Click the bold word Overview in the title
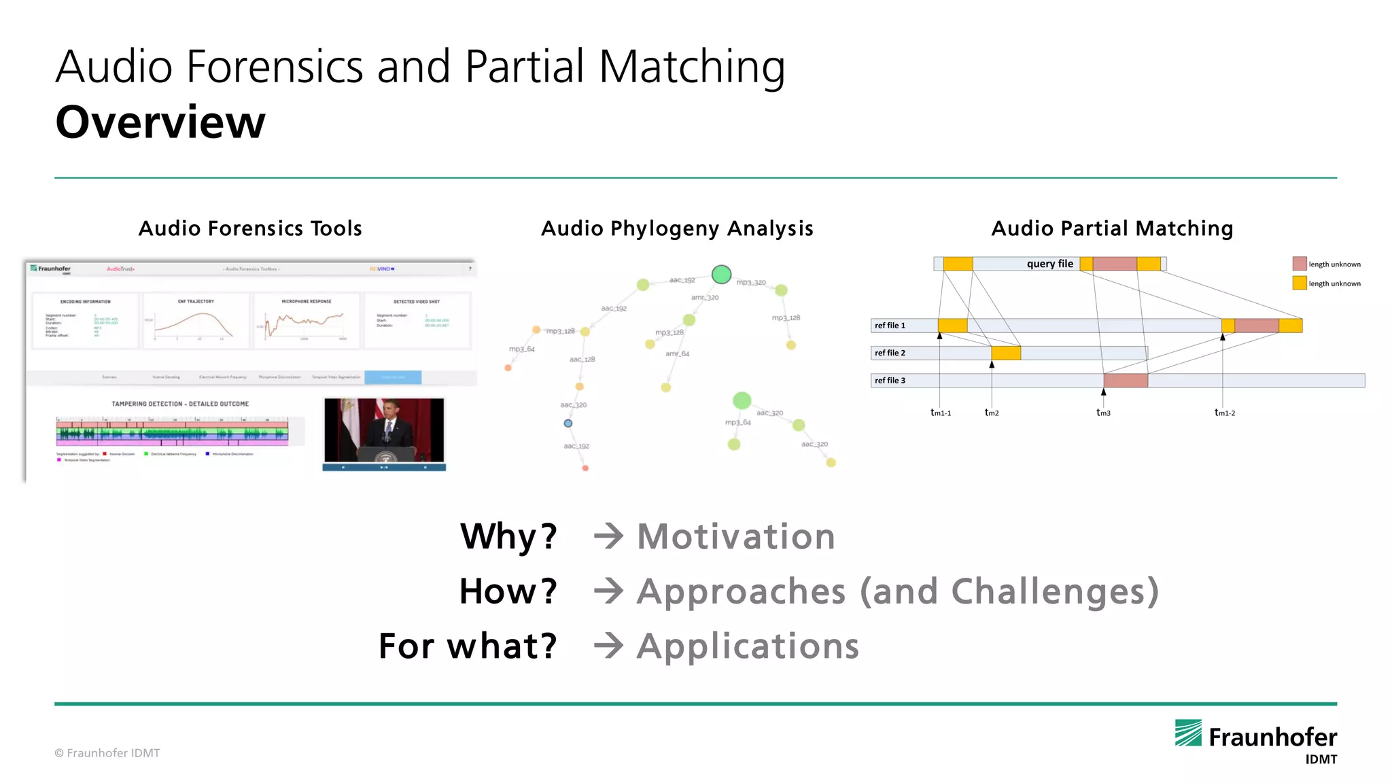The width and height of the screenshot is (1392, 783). (x=160, y=122)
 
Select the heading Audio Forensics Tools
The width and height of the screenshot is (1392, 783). (x=250, y=228)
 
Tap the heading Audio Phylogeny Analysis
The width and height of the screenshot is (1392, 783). (x=677, y=228)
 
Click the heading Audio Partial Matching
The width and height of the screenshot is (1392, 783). (x=1112, y=228)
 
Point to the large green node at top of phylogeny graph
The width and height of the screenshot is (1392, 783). (x=721, y=275)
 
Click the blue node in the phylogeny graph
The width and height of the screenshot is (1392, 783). (x=568, y=423)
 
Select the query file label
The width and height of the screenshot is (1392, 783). (x=1049, y=264)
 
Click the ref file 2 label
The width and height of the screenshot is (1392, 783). (x=890, y=353)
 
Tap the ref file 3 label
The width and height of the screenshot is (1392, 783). (x=890, y=381)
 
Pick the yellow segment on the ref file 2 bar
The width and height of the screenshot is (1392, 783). (x=1006, y=353)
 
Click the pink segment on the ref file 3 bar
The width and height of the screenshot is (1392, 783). (x=1126, y=381)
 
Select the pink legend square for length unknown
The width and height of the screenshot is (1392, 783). (x=1300, y=264)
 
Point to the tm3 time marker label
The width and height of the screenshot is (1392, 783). (x=1103, y=413)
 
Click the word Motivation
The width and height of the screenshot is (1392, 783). (x=736, y=536)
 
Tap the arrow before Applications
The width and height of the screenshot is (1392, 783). (x=608, y=646)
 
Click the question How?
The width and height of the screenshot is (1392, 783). (x=508, y=591)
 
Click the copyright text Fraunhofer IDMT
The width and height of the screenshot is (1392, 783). (x=107, y=753)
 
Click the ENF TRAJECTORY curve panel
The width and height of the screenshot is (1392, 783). (x=196, y=322)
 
